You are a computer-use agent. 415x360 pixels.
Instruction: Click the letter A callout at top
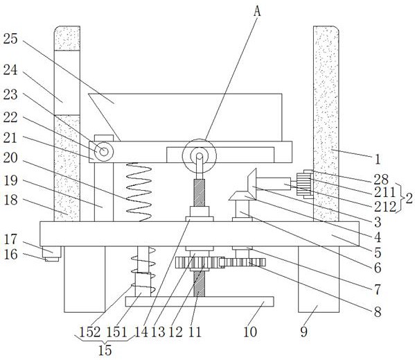point(257,11)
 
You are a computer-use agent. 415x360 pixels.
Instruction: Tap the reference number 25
point(10,39)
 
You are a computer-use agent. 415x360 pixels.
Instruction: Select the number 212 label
point(385,207)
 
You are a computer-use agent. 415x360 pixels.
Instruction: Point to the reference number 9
point(304,332)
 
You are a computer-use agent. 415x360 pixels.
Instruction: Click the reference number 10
point(250,332)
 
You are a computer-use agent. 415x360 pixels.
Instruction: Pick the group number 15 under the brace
point(105,350)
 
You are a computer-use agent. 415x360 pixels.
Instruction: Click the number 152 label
point(90,332)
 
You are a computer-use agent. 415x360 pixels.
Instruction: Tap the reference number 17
point(10,239)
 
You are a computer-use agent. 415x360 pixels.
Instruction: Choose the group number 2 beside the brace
point(409,198)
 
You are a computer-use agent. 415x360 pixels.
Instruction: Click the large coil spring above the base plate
point(139,192)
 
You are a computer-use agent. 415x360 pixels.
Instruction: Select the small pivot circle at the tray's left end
point(104,152)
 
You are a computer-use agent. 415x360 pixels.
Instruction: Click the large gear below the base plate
point(200,263)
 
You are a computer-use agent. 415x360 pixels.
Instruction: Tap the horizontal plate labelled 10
point(200,302)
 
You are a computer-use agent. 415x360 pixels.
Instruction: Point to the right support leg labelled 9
point(319,280)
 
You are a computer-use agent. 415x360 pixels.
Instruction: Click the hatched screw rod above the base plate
point(200,193)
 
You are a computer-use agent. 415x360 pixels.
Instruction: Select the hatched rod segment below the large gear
point(200,284)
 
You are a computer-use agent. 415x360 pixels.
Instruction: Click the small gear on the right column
point(304,184)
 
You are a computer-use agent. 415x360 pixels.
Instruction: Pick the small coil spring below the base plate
point(143,271)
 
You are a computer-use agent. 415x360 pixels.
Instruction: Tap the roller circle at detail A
point(200,156)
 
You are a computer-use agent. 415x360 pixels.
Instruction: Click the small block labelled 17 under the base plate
point(51,252)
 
